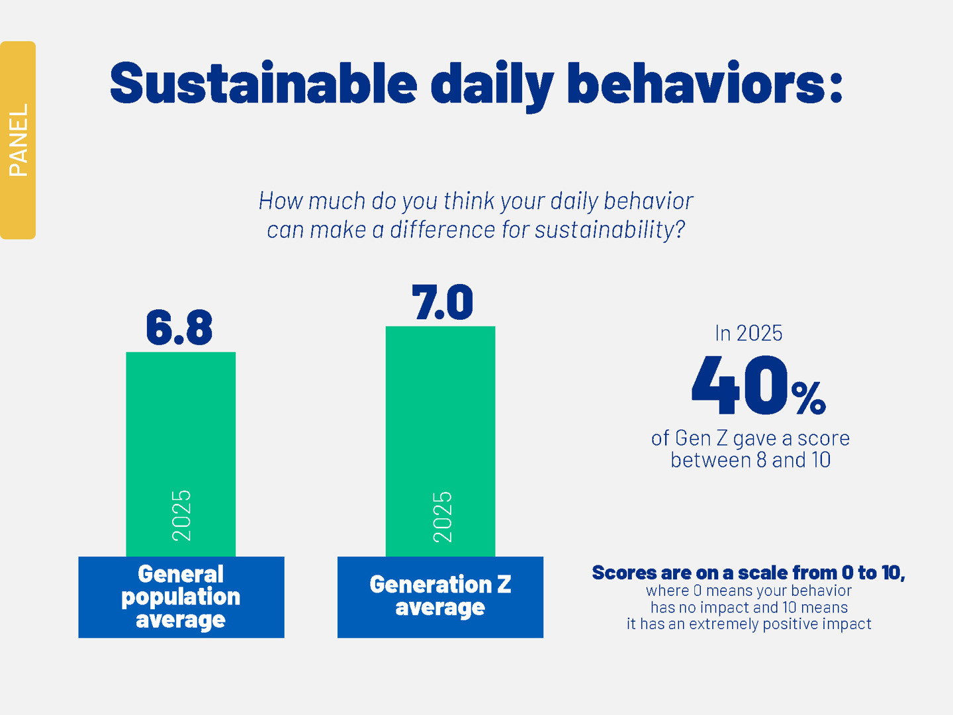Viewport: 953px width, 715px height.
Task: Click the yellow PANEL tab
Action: tap(18, 140)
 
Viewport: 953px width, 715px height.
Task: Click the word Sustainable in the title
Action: tap(263, 85)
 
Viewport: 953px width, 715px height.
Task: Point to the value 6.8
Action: tap(179, 328)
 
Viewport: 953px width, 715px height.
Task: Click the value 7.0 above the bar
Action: tap(442, 303)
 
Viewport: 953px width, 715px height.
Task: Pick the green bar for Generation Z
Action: tap(440, 410)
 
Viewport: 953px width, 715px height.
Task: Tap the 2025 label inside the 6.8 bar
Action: tap(181, 516)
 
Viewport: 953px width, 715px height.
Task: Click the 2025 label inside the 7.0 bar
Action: tap(442, 516)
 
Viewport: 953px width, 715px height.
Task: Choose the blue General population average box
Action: tap(181, 596)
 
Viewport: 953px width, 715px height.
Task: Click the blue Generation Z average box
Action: tap(440, 596)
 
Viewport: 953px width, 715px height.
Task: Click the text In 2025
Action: tap(749, 333)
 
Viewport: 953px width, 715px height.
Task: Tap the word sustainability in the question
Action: tap(609, 230)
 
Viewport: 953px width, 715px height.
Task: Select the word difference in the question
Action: tap(442, 230)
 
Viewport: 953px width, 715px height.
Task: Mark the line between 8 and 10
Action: tap(750, 459)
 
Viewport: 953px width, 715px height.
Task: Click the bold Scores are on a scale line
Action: tap(748, 573)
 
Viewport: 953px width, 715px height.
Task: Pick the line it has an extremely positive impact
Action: tap(749, 624)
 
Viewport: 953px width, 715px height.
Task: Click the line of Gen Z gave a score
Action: tap(750, 438)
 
